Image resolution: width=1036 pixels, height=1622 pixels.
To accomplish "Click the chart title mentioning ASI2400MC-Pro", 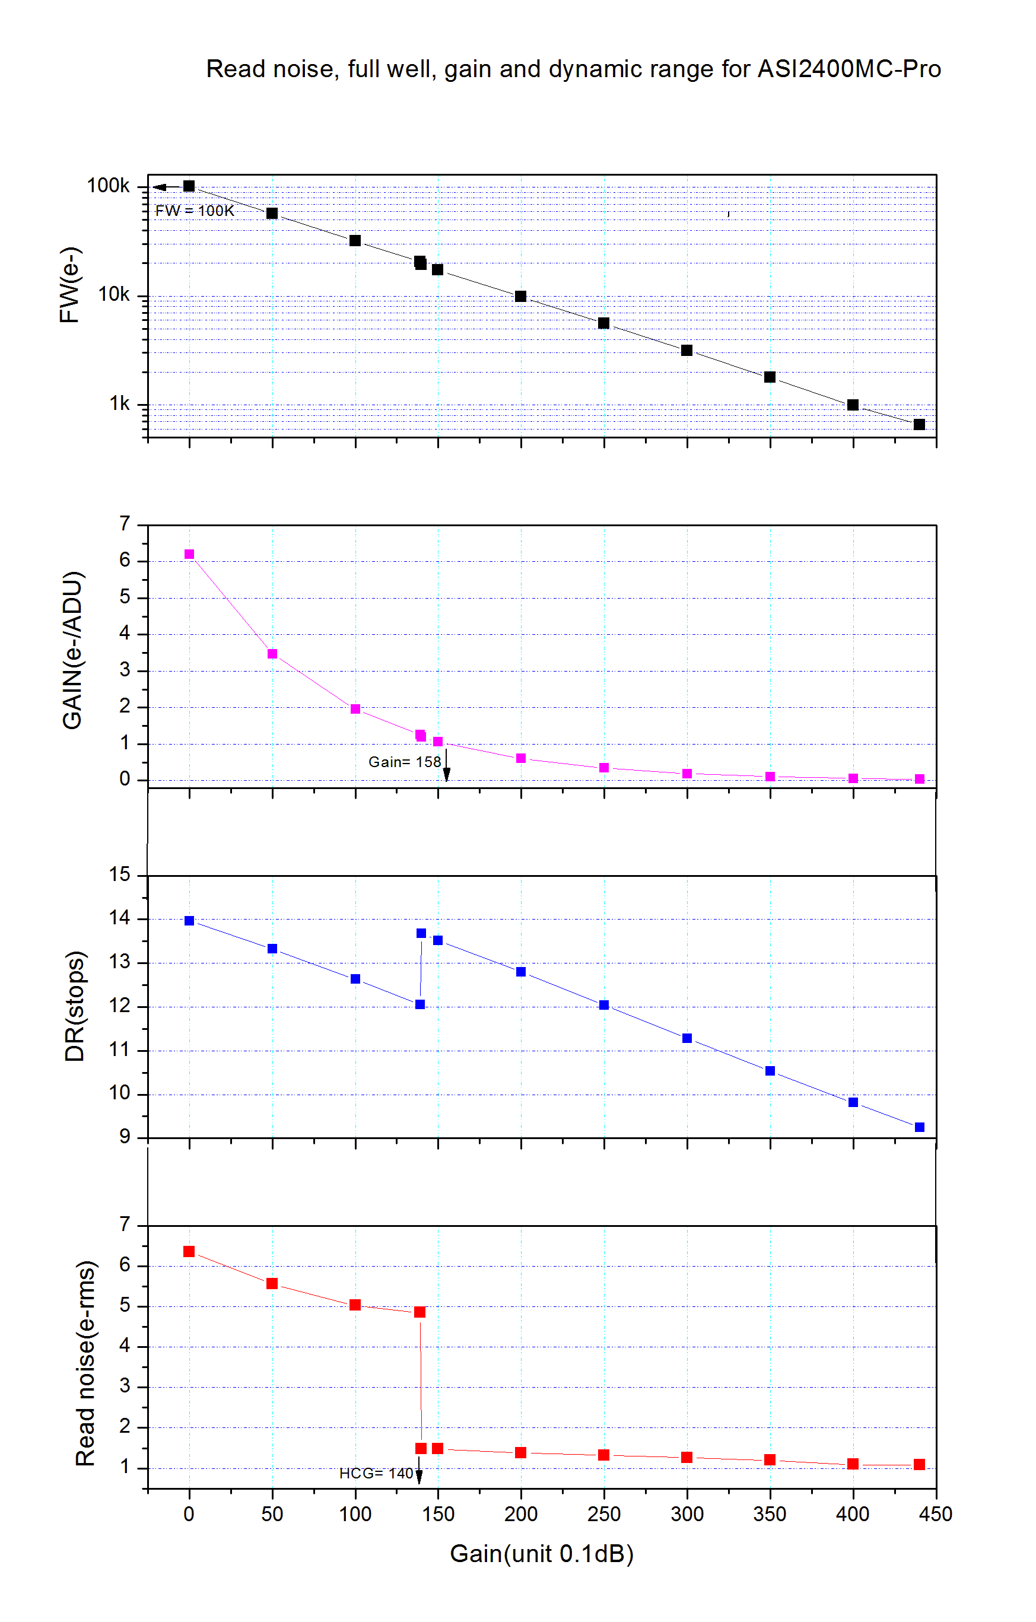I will (573, 69).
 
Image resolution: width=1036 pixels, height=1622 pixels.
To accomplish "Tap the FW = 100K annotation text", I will (195, 211).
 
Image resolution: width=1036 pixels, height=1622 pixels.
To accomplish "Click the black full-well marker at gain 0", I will (189, 186).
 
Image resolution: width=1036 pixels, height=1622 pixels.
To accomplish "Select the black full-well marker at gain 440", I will (920, 424).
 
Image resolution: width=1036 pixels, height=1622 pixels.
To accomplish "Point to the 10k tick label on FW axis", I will (114, 294).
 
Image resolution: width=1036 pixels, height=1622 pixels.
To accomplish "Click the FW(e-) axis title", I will (69, 285).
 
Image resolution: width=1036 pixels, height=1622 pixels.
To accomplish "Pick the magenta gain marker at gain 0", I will (189, 554).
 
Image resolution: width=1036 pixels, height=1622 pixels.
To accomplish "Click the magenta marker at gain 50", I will (272, 654).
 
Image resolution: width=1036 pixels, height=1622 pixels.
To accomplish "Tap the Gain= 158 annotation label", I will (404, 762).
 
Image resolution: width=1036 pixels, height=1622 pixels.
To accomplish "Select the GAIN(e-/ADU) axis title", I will (72, 650).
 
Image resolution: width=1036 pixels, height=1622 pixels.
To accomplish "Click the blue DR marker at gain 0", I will (189, 921).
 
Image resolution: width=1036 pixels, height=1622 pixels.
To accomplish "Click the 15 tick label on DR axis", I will (120, 874).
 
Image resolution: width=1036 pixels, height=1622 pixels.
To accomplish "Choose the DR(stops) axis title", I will (74, 1006).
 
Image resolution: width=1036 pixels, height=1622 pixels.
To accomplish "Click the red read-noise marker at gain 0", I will (189, 1252).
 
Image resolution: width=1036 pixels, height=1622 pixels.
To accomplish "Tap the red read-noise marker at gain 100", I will (355, 1305).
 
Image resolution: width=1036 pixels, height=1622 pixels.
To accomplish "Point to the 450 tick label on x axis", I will (936, 1514).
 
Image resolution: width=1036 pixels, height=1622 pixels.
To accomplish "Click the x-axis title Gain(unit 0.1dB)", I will (542, 1553).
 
